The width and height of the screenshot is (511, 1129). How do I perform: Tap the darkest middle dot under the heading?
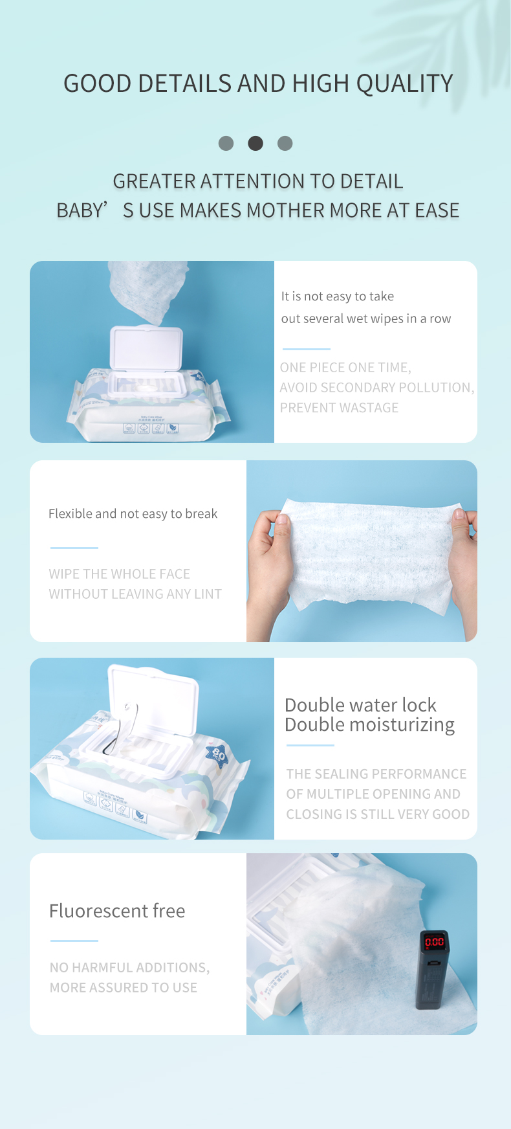tap(255, 143)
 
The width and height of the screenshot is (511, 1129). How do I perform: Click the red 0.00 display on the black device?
tap(434, 942)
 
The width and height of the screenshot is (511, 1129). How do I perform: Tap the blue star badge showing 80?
tap(218, 754)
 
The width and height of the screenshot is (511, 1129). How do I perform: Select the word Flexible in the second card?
tap(70, 514)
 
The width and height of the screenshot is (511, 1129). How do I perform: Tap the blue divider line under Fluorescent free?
tap(74, 941)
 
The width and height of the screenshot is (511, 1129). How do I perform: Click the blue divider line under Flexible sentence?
tap(74, 548)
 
